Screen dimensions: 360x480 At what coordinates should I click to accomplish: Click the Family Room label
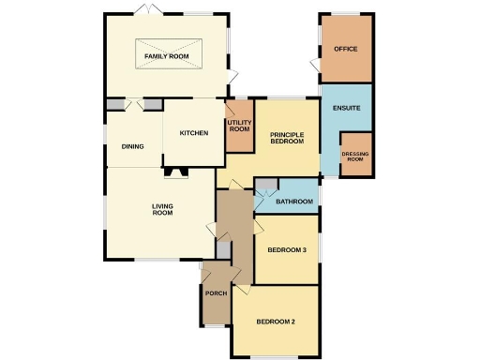coord(167,57)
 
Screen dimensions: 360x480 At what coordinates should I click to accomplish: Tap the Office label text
coord(346,49)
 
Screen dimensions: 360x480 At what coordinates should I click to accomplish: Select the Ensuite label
coord(346,109)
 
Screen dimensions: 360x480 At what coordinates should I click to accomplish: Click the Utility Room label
coord(239,126)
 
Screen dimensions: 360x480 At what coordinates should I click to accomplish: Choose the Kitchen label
coord(193,133)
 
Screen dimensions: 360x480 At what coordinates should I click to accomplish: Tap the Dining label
coord(132,146)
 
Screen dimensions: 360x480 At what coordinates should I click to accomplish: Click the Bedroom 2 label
coord(276,322)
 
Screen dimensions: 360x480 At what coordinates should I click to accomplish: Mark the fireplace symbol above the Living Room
coord(174,172)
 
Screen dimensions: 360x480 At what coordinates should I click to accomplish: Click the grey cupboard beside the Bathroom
coord(264,186)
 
